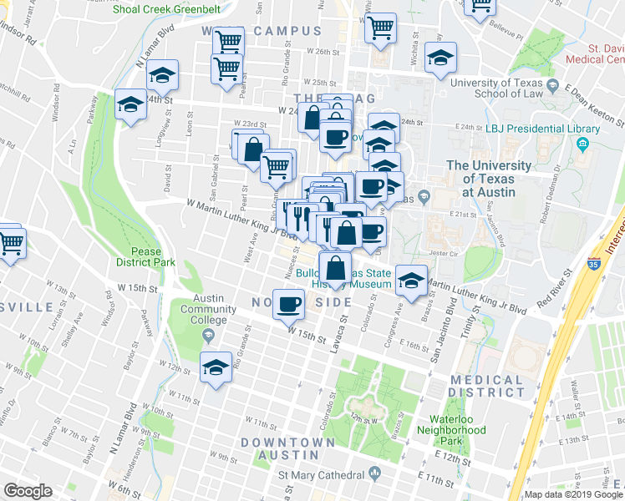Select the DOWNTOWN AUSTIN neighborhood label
coord(279,448)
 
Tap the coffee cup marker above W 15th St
coord(289,304)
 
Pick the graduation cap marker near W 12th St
coord(216,367)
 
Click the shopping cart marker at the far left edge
coord(9,244)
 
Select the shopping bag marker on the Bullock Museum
coord(335,268)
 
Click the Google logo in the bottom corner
coord(28,491)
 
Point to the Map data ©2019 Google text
coord(572,494)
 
